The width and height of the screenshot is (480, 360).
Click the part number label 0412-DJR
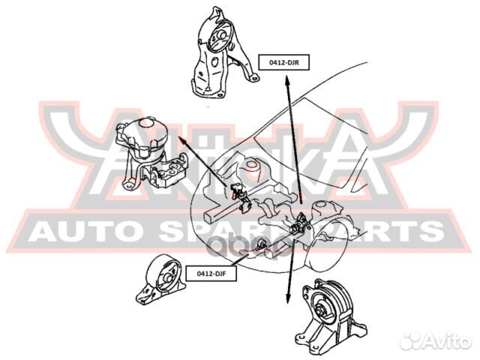[x=282, y=64]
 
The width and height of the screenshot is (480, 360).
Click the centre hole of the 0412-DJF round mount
[x=163, y=271]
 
